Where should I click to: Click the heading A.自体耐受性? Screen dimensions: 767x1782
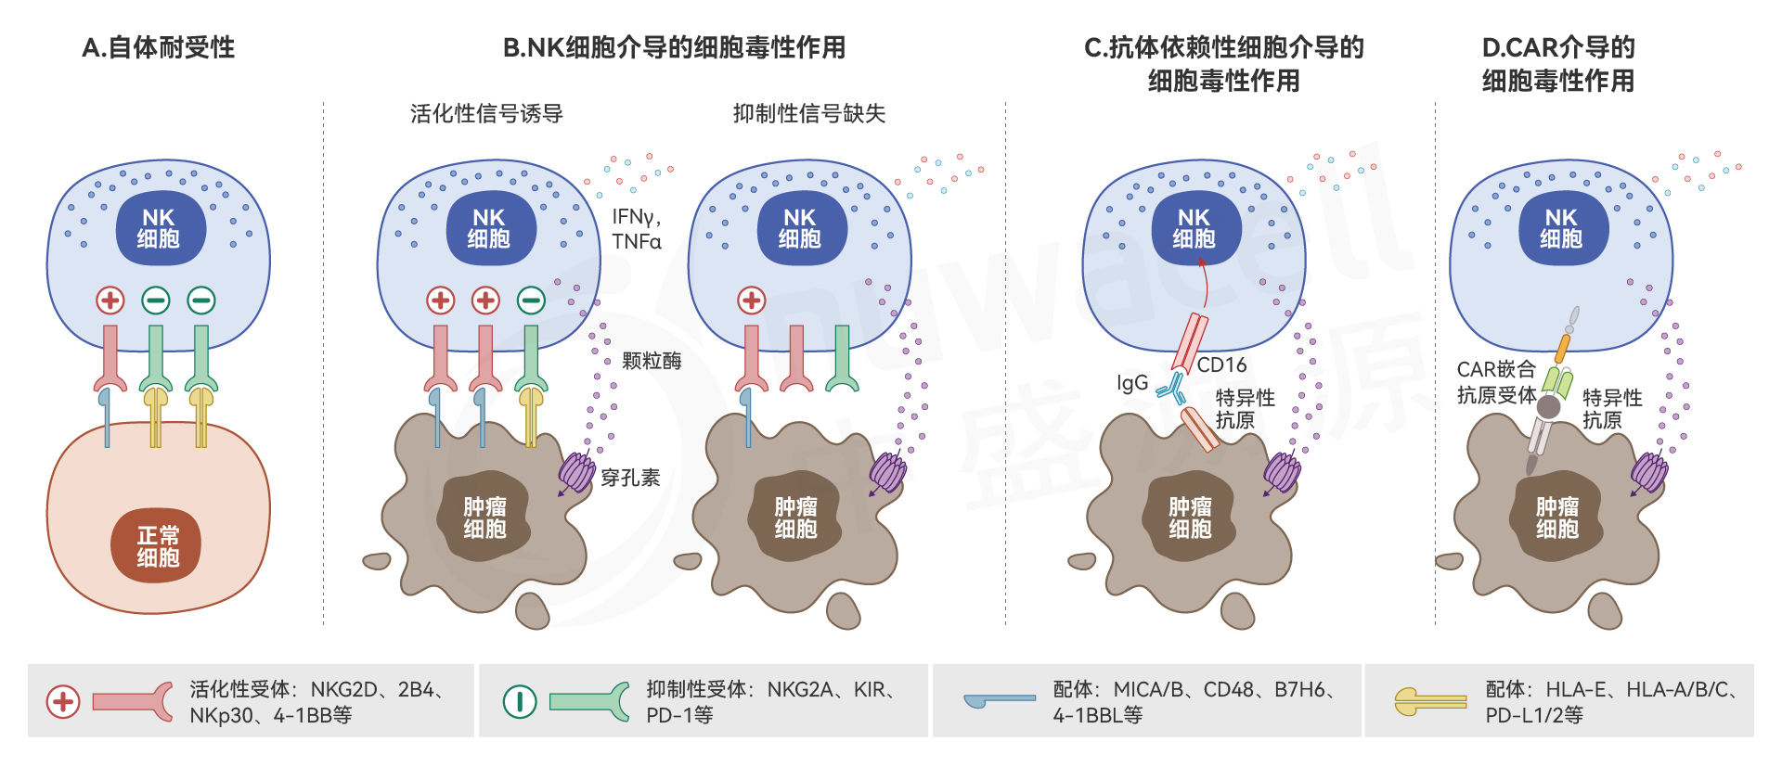click(x=158, y=47)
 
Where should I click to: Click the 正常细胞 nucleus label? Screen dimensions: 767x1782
click(x=158, y=546)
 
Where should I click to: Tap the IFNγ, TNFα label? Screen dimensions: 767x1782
click(x=637, y=229)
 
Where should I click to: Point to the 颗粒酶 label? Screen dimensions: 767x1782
click(x=652, y=361)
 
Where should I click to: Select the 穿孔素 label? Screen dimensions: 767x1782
click(x=630, y=478)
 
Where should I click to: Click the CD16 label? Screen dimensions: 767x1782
click(x=1221, y=364)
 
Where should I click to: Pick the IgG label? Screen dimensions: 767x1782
click(x=1132, y=382)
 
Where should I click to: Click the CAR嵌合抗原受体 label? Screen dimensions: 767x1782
click(x=1496, y=382)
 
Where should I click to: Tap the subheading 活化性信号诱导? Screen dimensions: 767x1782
click(x=486, y=113)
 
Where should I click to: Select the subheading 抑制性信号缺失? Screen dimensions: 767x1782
click(x=808, y=113)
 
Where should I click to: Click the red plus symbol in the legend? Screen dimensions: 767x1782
click(x=63, y=702)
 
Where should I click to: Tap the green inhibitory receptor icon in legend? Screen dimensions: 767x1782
click(x=589, y=701)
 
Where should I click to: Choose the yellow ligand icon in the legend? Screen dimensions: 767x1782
click(x=1429, y=701)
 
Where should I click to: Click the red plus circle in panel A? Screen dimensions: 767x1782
click(x=110, y=300)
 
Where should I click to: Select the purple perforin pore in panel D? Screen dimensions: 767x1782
click(x=1649, y=472)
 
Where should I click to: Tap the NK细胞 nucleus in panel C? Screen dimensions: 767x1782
click(x=1194, y=228)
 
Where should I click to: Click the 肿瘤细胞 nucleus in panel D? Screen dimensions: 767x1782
click(x=1556, y=518)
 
